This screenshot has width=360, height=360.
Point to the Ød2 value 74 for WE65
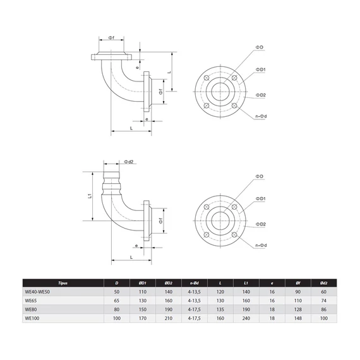coord(323,301)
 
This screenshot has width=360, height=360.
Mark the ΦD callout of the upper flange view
coord(260,48)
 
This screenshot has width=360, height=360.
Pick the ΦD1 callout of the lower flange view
coord(260,198)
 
